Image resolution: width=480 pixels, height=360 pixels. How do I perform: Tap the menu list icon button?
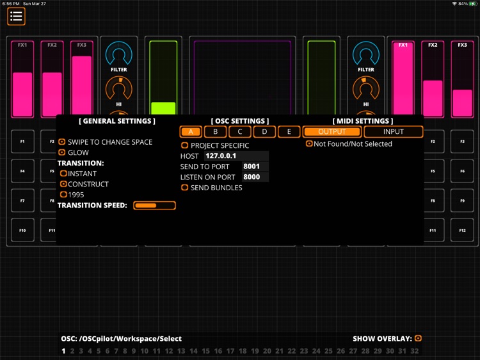17,17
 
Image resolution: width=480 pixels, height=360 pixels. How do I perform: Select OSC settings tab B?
215,132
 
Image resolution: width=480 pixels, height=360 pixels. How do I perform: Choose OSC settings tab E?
289,132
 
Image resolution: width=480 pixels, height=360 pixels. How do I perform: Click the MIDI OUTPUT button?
332,132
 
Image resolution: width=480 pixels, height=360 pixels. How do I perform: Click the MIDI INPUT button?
394,132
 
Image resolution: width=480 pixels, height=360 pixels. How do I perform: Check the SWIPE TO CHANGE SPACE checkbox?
62,142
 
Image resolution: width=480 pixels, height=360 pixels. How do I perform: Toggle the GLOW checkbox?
62,152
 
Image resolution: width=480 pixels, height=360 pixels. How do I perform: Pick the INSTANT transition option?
63,174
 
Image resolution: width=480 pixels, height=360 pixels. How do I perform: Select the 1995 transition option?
63,195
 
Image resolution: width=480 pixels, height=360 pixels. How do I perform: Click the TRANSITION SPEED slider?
154,206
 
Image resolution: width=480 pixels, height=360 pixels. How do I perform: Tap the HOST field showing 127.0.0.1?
236,156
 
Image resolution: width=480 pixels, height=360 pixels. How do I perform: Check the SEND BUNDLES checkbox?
185,188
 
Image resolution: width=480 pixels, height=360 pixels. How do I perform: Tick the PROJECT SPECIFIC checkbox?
185,145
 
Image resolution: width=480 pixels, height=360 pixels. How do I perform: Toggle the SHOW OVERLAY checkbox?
418,338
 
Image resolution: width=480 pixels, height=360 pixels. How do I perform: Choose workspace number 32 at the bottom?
415,351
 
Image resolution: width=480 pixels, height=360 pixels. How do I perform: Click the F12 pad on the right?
462,230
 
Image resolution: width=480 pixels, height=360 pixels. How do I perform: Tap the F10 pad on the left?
22,230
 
